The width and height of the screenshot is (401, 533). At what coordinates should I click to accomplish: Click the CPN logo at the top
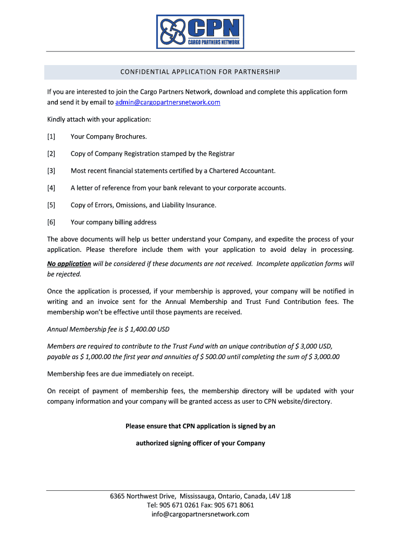click(200, 31)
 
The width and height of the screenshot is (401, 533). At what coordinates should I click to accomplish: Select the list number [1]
click(51, 136)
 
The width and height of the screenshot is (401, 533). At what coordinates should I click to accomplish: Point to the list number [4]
click(51, 188)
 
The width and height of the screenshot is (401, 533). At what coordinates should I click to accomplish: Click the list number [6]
click(51, 222)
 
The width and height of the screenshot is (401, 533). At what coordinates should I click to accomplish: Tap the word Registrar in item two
click(221, 154)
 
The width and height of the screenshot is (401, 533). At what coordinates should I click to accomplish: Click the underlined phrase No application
click(69, 264)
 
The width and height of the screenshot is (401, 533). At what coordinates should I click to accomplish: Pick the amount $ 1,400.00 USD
click(147, 329)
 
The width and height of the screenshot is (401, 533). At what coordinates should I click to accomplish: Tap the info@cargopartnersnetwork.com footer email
click(200, 514)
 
